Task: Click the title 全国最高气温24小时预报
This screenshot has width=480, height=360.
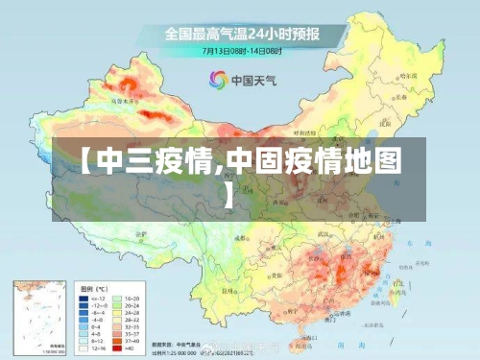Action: (241, 35)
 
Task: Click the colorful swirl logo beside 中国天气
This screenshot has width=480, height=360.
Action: (218, 79)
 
